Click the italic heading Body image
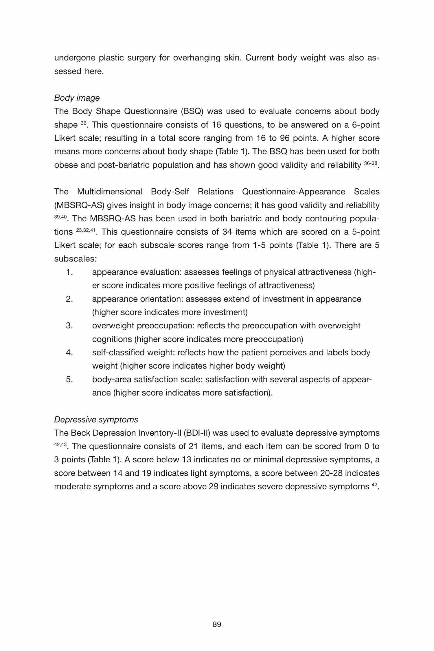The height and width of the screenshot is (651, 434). tap(77, 98)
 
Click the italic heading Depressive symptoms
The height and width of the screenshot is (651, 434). tap(96, 420)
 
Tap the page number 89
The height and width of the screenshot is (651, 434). tap(217, 624)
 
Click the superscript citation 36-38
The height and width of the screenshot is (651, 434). tap(370, 163)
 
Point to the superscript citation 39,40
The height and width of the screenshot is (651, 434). tap(60, 217)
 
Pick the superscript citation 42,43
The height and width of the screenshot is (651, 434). tap(60, 444)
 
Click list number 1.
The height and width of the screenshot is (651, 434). tap(69, 272)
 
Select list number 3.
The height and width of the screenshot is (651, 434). tap(69, 326)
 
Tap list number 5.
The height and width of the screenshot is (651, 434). tap(69, 379)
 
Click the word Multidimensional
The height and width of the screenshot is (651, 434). tap(109, 192)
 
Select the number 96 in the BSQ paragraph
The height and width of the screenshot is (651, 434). tap(285, 138)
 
